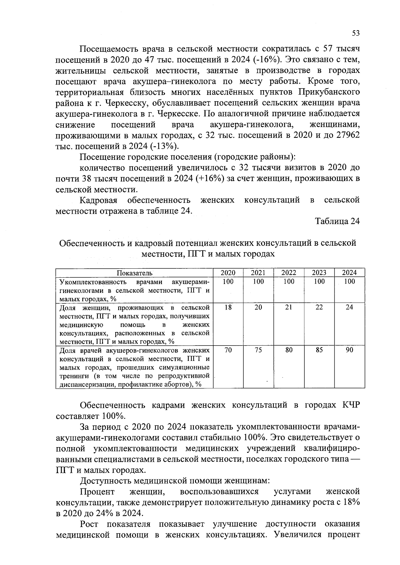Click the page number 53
(356, 33)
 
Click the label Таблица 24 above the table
(337, 221)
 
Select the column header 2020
(228, 273)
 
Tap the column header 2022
(289, 273)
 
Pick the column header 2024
(349, 273)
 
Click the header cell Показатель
(134, 273)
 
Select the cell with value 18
(228, 307)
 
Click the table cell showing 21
(289, 307)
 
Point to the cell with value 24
(349, 307)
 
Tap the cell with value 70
(228, 350)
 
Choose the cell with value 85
(319, 350)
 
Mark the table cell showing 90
(349, 350)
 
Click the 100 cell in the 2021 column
(258, 282)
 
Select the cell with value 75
(258, 350)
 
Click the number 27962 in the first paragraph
(345, 136)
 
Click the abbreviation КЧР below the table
(351, 406)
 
